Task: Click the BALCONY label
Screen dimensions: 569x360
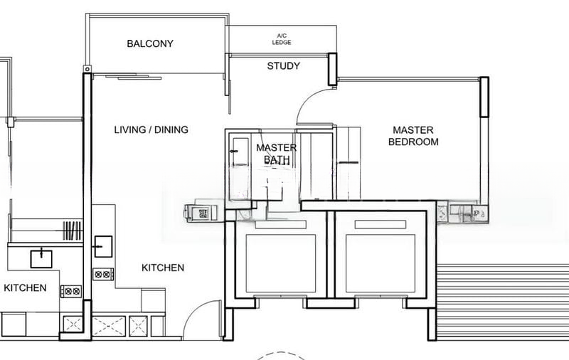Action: pyautogui.click(x=150, y=43)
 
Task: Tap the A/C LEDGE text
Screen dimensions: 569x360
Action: pyautogui.click(x=282, y=39)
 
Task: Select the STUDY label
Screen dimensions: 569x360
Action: pyautogui.click(x=283, y=66)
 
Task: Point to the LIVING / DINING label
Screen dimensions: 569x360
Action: pyautogui.click(x=151, y=129)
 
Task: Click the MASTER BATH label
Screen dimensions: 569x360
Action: pyautogui.click(x=277, y=154)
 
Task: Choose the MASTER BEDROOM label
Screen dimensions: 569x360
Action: pyautogui.click(x=413, y=136)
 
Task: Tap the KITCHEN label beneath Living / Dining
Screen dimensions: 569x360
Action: pyautogui.click(x=163, y=268)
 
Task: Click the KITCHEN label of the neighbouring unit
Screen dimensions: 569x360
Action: pyautogui.click(x=25, y=287)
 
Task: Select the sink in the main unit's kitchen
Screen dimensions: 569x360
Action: pyautogui.click(x=103, y=247)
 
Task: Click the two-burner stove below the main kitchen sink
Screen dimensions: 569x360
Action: pyautogui.click(x=103, y=275)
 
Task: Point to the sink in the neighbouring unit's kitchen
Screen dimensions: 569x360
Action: pyautogui.click(x=41, y=259)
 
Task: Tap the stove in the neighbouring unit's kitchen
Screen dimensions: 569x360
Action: pyautogui.click(x=71, y=291)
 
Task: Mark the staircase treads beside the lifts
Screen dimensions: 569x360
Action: pyautogui.click(x=503, y=300)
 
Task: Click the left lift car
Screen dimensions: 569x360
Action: pyautogui.click(x=281, y=263)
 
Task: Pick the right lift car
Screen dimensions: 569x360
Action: pyautogui.click(x=381, y=263)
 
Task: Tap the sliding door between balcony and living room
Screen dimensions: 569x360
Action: pyautogui.click(x=134, y=77)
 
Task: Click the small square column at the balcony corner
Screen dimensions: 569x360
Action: pyautogui.click(x=87, y=69)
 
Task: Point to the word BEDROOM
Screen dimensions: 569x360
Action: pyautogui.click(x=413, y=142)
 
